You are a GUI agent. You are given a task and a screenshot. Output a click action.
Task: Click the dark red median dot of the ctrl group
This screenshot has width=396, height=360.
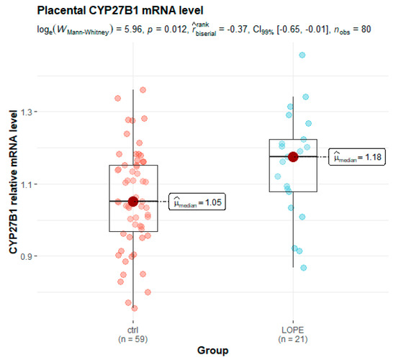133,202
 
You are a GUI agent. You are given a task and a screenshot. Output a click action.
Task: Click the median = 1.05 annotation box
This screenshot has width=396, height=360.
197,202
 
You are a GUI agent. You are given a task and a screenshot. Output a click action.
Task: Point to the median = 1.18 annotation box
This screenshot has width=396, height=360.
356,157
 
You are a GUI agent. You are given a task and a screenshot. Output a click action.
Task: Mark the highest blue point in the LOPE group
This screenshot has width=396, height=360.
302,55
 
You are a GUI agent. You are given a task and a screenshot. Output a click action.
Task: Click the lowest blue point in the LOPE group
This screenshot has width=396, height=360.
304,268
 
